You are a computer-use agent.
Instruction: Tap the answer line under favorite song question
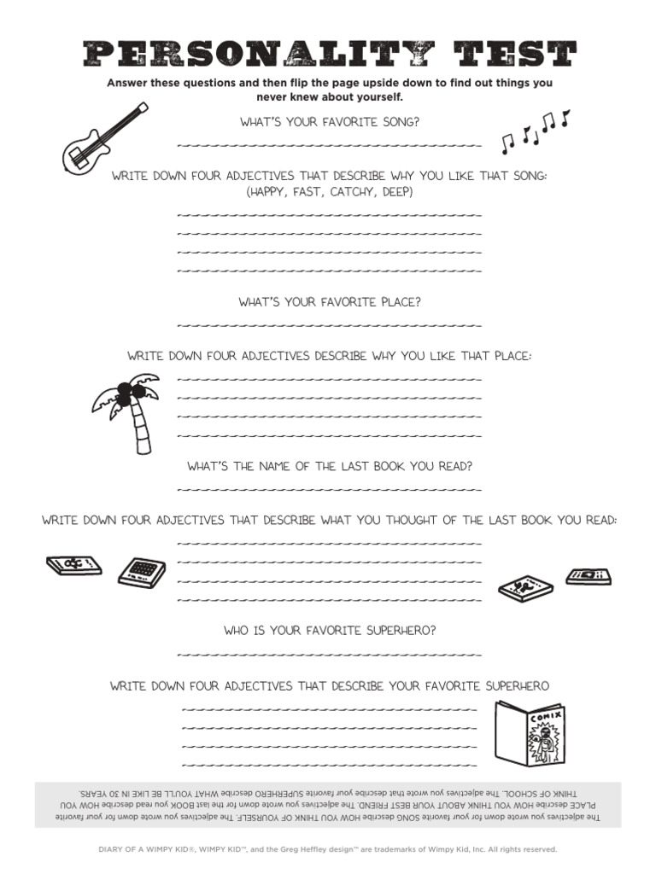click(x=329, y=144)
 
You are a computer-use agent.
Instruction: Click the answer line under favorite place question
click(x=329, y=324)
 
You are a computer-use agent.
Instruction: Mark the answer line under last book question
click(x=329, y=489)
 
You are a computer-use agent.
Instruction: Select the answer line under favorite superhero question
click(x=329, y=654)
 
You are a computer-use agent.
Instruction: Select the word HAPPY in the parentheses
click(x=269, y=192)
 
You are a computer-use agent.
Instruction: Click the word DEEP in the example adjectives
click(x=394, y=192)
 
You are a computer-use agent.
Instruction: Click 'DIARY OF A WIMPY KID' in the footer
click(x=132, y=849)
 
